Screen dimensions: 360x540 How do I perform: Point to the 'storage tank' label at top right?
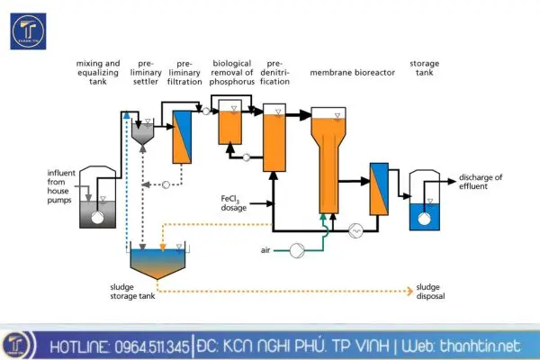[424, 68]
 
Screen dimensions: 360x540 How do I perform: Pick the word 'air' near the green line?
[265, 249]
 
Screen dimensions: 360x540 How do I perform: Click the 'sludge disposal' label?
[430, 292]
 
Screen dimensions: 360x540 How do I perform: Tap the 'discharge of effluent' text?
[480, 181]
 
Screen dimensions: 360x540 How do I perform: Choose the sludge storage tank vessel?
[159, 260]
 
